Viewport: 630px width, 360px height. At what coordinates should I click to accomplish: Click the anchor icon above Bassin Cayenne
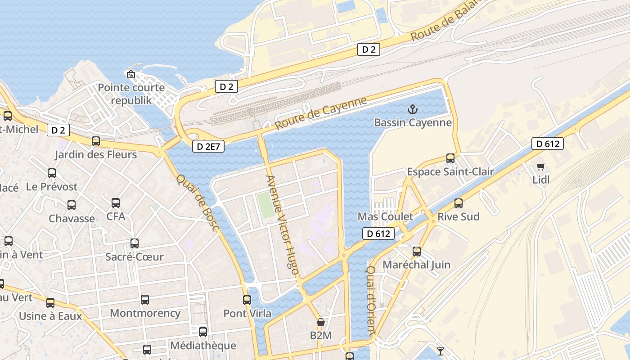pyautogui.click(x=412, y=109)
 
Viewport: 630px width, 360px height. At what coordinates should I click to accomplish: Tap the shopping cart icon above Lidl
pyautogui.click(x=541, y=167)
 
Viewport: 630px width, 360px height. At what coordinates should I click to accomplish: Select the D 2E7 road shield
pyautogui.click(x=208, y=146)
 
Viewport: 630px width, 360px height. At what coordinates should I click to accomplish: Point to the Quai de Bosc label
pyautogui.click(x=198, y=203)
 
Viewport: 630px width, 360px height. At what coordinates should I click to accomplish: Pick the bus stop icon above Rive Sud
pyautogui.click(x=459, y=203)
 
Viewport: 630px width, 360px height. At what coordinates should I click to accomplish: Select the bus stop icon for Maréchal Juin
pyautogui.click(x=417, y=252)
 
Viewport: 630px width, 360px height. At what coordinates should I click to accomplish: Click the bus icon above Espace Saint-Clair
pyautogui.click(x=450, y=158)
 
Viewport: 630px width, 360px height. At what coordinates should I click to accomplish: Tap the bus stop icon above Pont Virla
pyautogui.click(x=247, y=300)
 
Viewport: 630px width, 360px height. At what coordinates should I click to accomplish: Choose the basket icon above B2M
pyautogui.click(x=321, y=322)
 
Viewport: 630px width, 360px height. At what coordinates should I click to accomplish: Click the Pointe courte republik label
pyautogui.click(x=131, y=94)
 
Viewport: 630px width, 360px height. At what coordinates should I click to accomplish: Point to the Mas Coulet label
pyautogui.click(x=385, y=216)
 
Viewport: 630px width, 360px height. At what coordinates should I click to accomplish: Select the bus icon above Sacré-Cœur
pyautogui.click(x=135, y=243)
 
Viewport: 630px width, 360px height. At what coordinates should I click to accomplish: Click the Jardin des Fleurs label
pyautogui.click(x=95, y=155)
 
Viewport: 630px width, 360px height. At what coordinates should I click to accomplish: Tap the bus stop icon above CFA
pyautogui.click(x=116, y=203)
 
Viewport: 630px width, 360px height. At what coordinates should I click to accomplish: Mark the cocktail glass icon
pyautogui.click(x=441, y=351)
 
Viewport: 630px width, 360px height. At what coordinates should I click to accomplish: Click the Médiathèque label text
pyautogui.click(x=203, y=346)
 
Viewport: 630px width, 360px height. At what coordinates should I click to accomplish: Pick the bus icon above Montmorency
pyautogui.click(x=145, y=300)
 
